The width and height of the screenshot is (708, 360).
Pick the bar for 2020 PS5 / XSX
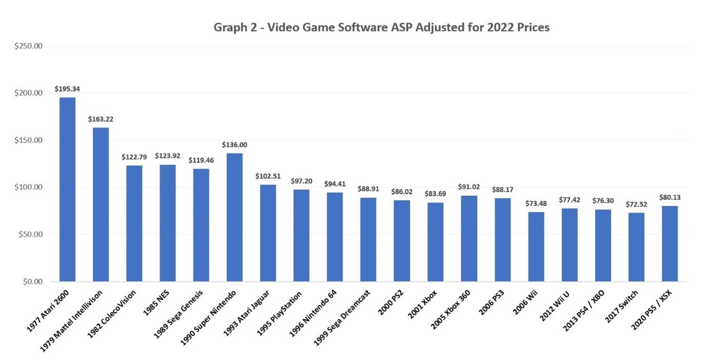coord(669,243)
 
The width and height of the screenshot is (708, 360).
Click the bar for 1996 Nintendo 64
coord(335,237)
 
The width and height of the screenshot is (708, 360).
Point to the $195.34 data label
coord(67,89)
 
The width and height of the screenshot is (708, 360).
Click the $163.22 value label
coord(101,119)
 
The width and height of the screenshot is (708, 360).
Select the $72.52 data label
coord(636,204)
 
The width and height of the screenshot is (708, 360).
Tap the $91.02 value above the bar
coord(469,187)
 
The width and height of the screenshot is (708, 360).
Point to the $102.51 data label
coord(268,176)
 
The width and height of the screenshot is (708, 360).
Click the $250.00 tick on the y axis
coord(28,46)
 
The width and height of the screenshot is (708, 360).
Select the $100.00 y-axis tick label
coord(28,187)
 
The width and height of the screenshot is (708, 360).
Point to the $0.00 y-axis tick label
coord(32,281)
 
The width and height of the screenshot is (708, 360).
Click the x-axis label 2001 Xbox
coord(423,303)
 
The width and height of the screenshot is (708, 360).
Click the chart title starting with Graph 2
coord(381,28)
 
